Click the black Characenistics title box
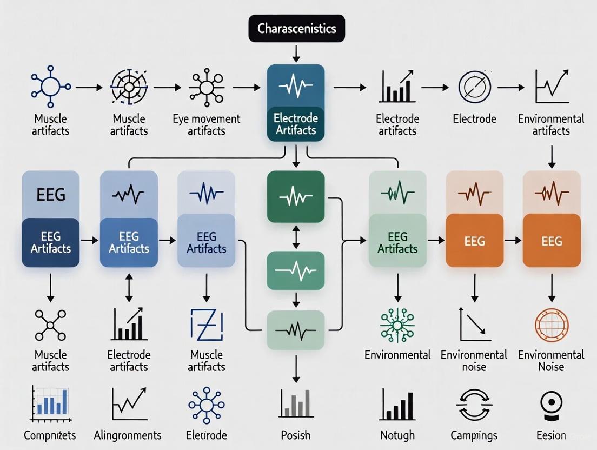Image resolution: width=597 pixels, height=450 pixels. pyautogui.click(x=296, y=28)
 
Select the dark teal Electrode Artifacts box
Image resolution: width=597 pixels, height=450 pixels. pyautogui.click(x=296, y=124)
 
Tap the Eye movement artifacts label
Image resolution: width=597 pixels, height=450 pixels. pyautogui.click(x=206, y=124)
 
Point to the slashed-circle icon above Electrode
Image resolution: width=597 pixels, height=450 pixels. pyautogui.click(x=474, y=87)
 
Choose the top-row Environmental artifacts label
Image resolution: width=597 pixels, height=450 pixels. pyautogui.click(x=551, y=124)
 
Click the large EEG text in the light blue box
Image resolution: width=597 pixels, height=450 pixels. pyautogui.click(x=51, y=194)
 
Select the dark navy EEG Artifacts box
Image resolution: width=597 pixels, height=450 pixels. pyautogui.click(x=51, y=242)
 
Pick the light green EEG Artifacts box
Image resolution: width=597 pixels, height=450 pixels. pyautogui.click(x=397, y=242)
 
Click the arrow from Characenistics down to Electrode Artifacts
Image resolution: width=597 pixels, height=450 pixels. pyautogui.click(x=296, y=52)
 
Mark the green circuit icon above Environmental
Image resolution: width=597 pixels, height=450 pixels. pyautogui.click(x=397, y=325)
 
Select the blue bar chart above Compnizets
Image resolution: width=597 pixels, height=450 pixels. pyautogui.click(x=50, y=403)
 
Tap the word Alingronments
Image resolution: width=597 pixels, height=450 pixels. pyautogui.click(x=128, y=435)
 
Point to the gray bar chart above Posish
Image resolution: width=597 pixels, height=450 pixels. pyautogui.click(x=296, y=403)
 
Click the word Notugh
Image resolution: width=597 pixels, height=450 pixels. pyautogui.click(x=397, y=435)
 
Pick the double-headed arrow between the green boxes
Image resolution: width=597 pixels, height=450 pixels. pyautogui.click(x=296, y=236)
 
